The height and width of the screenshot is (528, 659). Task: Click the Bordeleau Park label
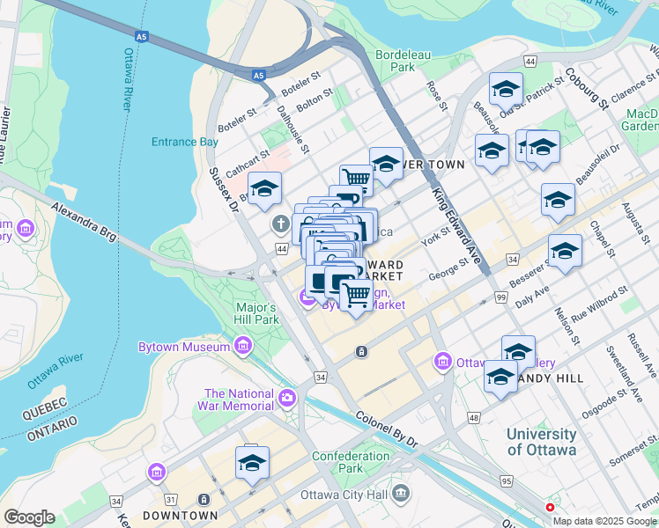pos(395,60)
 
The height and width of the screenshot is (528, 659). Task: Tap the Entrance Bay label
pos(184,142)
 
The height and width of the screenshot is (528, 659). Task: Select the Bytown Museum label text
pos(183,347)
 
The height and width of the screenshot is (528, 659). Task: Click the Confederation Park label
pos(350,462)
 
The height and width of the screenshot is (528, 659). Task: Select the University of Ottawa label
pos(541,442)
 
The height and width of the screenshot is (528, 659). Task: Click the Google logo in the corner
pos(29,517)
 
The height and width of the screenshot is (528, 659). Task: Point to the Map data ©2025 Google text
pos(604,521)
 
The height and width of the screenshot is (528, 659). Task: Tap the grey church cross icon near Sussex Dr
pos(280,224)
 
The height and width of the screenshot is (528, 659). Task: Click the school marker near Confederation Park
pos(252,463)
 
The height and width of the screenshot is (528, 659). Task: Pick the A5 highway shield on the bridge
pos(141,37)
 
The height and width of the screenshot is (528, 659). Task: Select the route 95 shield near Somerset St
pos(507,481)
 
